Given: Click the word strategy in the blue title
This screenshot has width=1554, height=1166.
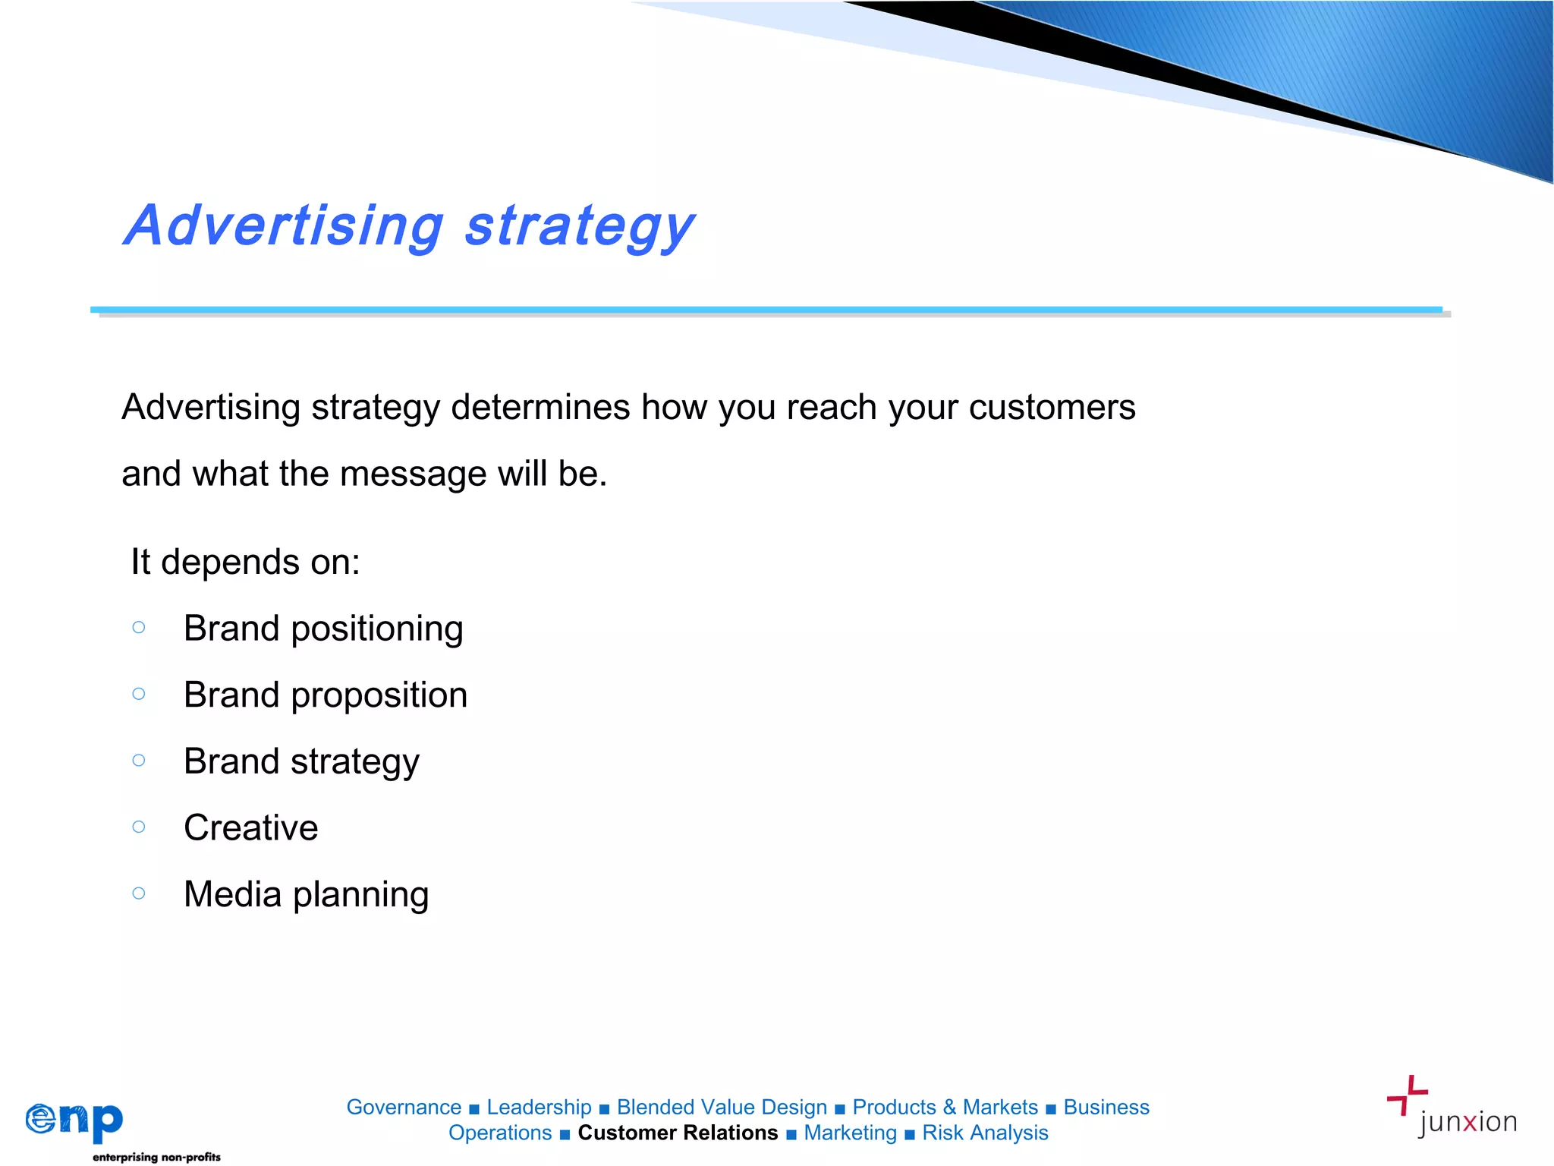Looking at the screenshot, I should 579,227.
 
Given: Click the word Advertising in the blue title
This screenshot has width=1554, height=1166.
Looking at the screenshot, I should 285,225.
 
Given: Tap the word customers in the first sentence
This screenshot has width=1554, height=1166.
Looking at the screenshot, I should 1052,408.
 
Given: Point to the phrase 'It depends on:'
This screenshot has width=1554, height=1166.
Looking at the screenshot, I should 245,563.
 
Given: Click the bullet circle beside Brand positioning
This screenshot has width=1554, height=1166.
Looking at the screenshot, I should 139,627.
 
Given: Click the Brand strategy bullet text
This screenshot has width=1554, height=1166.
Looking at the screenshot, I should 301,761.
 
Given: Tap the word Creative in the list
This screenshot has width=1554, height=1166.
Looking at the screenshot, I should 251,827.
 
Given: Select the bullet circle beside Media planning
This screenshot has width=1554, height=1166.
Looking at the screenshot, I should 139,893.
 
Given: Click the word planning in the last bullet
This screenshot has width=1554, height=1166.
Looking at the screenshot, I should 361,895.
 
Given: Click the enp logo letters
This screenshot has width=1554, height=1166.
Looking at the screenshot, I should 74,1120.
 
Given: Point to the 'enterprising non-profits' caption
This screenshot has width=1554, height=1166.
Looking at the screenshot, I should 156,1157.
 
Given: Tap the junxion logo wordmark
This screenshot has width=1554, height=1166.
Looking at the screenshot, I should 1467,1122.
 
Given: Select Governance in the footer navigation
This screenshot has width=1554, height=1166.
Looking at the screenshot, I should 404,1108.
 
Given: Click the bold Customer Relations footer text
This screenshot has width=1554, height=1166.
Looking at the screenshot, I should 678,1133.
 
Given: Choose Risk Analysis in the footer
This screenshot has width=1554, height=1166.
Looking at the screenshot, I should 985,1133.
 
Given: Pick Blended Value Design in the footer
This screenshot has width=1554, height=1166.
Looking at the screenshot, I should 722,1108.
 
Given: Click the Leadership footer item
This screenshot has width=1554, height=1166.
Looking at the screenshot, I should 539,1108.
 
